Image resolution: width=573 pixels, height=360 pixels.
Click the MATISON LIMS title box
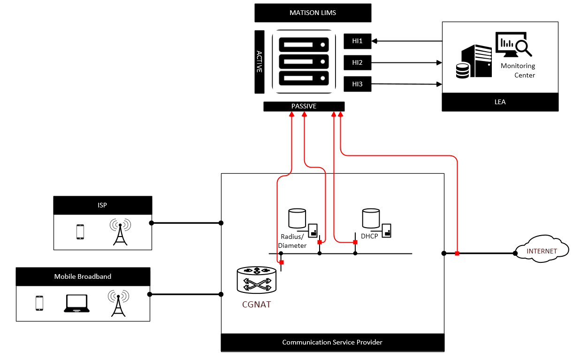(313, 13)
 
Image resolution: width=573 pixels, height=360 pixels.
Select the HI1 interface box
(357, 41)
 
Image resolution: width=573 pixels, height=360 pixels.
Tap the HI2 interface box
(357, 62)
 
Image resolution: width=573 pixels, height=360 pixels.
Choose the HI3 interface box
(357, 84)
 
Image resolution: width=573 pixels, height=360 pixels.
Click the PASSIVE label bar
(304, 107)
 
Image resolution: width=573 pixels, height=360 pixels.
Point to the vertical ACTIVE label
(259, 61)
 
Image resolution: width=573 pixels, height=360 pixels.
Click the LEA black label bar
(500, 102)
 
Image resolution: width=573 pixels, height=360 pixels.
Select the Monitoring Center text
(518, 70)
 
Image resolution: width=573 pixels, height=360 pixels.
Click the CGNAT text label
(256, 304)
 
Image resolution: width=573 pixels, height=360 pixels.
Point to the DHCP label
(369, 236)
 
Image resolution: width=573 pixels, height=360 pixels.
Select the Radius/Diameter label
(293, 241)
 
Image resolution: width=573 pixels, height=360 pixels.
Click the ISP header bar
(103, 205)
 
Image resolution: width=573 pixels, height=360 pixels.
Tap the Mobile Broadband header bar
(83, 276)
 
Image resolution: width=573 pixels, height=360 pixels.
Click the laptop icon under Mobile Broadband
(76, 304)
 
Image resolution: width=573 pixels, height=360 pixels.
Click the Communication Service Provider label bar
(332, 342)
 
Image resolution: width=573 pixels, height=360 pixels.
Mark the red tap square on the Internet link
(457, 253)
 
